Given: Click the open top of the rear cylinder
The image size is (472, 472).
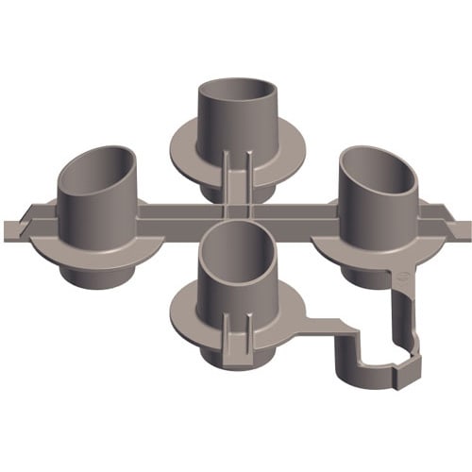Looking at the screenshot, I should [239, 95].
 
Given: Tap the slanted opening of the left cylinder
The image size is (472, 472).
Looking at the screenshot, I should [96, 166].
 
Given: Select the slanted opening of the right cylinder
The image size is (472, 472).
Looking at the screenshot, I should [380, 167].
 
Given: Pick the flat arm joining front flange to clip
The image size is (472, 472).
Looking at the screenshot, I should [326, 330].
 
